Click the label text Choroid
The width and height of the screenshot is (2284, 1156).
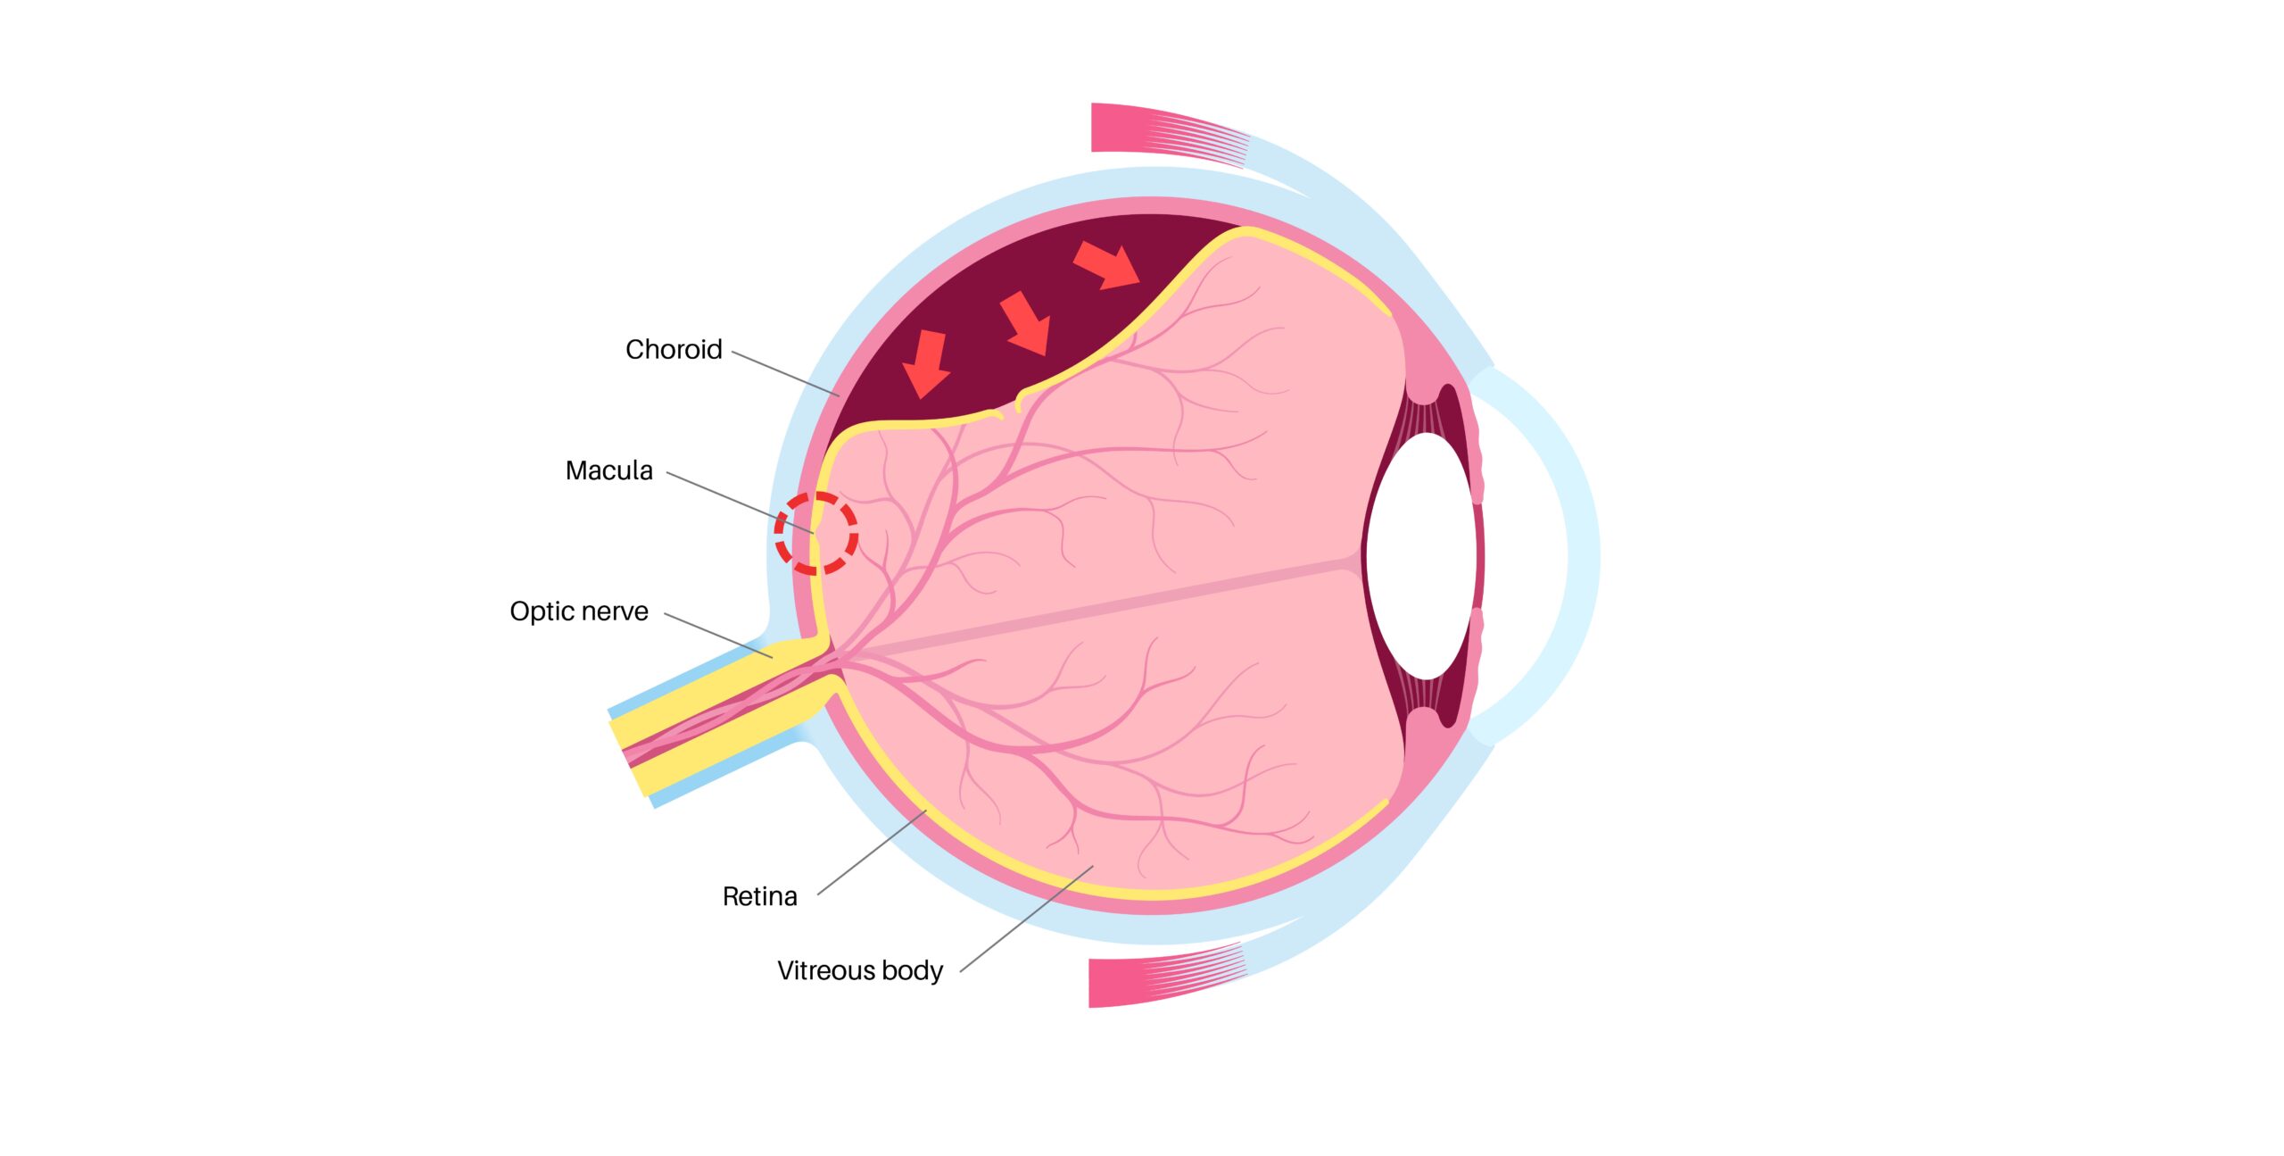pos(674,349)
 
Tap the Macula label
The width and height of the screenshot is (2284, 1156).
pos(609,470)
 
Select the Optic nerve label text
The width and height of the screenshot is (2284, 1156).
pos(579,611)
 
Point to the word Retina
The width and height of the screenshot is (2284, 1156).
pos(760,896)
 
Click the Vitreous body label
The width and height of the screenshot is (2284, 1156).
pos(860,970)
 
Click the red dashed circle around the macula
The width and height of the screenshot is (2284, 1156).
pos(815,533)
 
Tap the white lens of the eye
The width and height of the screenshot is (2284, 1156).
pos(1420,555)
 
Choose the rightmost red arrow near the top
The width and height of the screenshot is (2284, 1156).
pos(1106,265)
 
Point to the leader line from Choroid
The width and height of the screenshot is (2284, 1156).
pos(785,373)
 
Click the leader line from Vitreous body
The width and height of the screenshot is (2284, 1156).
pos(1026,919)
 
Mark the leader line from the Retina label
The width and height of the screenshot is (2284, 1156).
pos(872,852)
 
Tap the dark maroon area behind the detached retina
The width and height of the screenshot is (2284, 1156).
pos(1008,304)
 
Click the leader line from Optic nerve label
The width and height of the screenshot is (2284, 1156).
pos(718,636)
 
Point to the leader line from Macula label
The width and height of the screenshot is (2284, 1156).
pos(741,503)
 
